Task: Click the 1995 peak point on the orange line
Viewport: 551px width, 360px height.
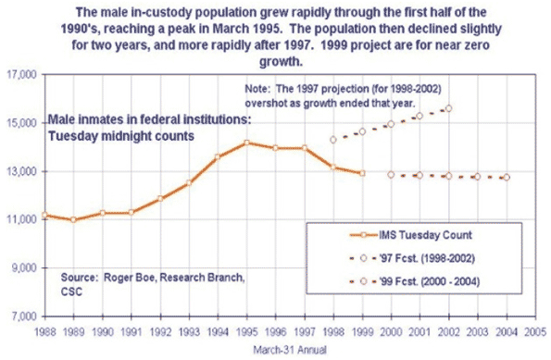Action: pyautogui.click(x=246, y=143)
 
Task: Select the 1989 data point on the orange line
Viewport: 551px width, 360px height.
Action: pyautogui.click(x=74, y=220)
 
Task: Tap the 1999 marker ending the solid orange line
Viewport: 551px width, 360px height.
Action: pyautogui.click(x=361, y=173)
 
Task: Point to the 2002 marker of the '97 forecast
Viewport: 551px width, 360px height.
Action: pyautogui.click(x=448, y=108)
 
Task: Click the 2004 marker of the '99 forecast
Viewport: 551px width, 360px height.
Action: pyautogui.click(x=506, y=177)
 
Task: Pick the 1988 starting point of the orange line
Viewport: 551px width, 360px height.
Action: pyautogui.click(x=45, y=215)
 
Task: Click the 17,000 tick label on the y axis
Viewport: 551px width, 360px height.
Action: pyautogui.click(x=20, y=75)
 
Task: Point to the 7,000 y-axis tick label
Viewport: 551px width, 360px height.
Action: pyautogui.click(x=22, y=317)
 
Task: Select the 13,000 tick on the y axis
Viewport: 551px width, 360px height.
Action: pyautogui.click(x=20, y=172)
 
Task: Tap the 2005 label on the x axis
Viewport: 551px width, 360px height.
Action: pyautogui.click(x=534, y=329)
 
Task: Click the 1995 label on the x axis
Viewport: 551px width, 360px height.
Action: pyautogui.click(x=246, y=329)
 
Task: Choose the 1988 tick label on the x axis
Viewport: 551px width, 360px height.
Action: pyautogui.click(x=45, y=329)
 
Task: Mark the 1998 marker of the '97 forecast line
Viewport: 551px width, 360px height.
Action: pyautogui.click(x=332, y=139)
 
